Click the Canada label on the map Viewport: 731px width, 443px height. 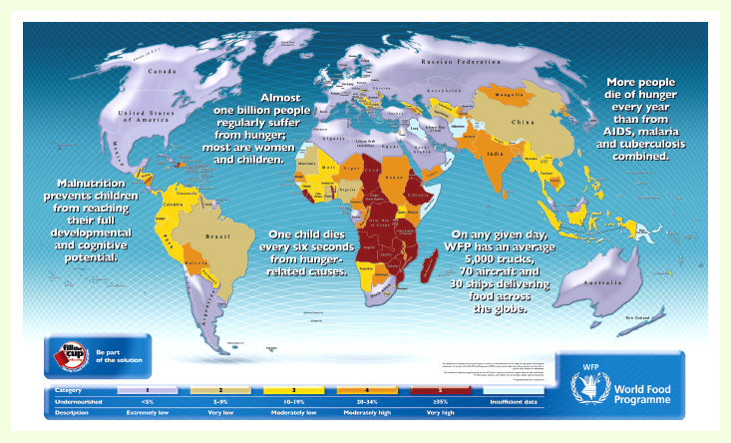click(162, 72)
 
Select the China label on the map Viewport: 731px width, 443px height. click(524, 122)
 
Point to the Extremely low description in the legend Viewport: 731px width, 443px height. click(149, 411)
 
